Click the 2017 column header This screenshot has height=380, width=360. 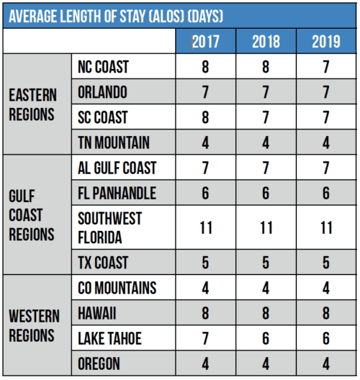pyautogui.click(x=206, y=42)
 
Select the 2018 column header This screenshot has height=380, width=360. pyautogui.click(x=266, y=42)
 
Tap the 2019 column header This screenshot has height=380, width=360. pyautogui.click(x=326, y=42)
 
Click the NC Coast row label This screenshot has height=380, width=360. pyautogui.click(x=103, y=67)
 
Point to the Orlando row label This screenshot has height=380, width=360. pyautogui.click(x=102, y=92)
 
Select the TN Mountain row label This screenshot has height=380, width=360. pyautogui.click(x=114, y=142)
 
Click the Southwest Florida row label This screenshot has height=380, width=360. pyautogui.click(x=110, y=227)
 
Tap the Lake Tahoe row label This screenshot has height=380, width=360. pyautogui.click(x=109, y=338)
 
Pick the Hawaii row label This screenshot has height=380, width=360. pyautogui.click(x=97, y=313)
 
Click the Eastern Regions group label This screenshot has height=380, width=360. pyautogui.click(x=32, y=104)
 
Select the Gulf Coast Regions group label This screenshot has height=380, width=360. pyautogui.click(x=32, y=215)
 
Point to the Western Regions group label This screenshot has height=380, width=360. pyautogui.click(x=34, y=326)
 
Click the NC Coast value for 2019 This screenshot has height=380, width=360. pyautogui.click(x=326, y=67)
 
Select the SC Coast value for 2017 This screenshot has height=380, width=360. pyautogui.click(x=205, y=117)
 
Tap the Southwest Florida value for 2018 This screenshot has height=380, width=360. pyautogui.click(x=266, y=228)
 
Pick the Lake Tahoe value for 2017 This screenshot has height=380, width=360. pyautogui.click(x=205, y=338)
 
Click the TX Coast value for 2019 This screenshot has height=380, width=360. pyautogui.click(x=326, y=263)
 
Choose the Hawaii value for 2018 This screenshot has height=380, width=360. pyautogui.click(x=266, y=313)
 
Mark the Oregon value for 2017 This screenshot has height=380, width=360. pyautogui.click(x=205, y=363)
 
